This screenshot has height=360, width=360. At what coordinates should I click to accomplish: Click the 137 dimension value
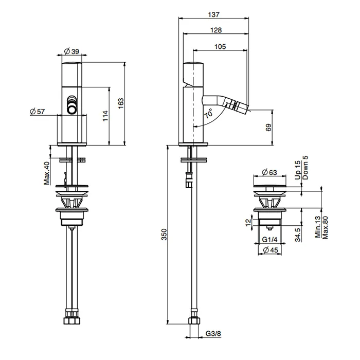(214, 14)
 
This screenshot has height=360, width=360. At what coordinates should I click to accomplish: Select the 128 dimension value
(216, 30)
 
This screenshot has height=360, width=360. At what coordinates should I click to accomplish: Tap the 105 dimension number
(220, 47)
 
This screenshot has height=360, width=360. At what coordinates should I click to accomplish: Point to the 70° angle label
(209, 113)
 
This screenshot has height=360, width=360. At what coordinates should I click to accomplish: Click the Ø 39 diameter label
(71, 51)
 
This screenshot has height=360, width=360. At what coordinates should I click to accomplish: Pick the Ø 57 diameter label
(37, 112)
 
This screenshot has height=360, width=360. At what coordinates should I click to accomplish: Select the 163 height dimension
(120, 103)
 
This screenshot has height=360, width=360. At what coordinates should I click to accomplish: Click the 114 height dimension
(105, 116)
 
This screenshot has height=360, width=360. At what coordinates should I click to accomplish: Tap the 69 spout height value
(268, 128)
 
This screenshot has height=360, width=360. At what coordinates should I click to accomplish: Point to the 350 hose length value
(164, 235)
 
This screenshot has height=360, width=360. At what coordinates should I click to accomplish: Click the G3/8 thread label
(213, 333)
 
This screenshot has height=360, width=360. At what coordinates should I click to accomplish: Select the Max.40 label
(47, 173)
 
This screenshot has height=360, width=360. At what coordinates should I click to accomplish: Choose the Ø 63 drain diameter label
(269, 172)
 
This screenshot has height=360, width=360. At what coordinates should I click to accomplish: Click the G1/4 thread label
(270, 240)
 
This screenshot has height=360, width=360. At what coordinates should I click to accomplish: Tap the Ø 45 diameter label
(270, 250)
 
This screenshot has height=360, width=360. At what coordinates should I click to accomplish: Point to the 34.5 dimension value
(298, 235)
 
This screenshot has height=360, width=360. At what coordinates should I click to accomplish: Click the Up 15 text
(298, 170)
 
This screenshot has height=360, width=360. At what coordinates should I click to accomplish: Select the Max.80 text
(325, 228)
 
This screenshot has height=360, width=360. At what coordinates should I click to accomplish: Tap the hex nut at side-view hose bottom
(194, 321)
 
